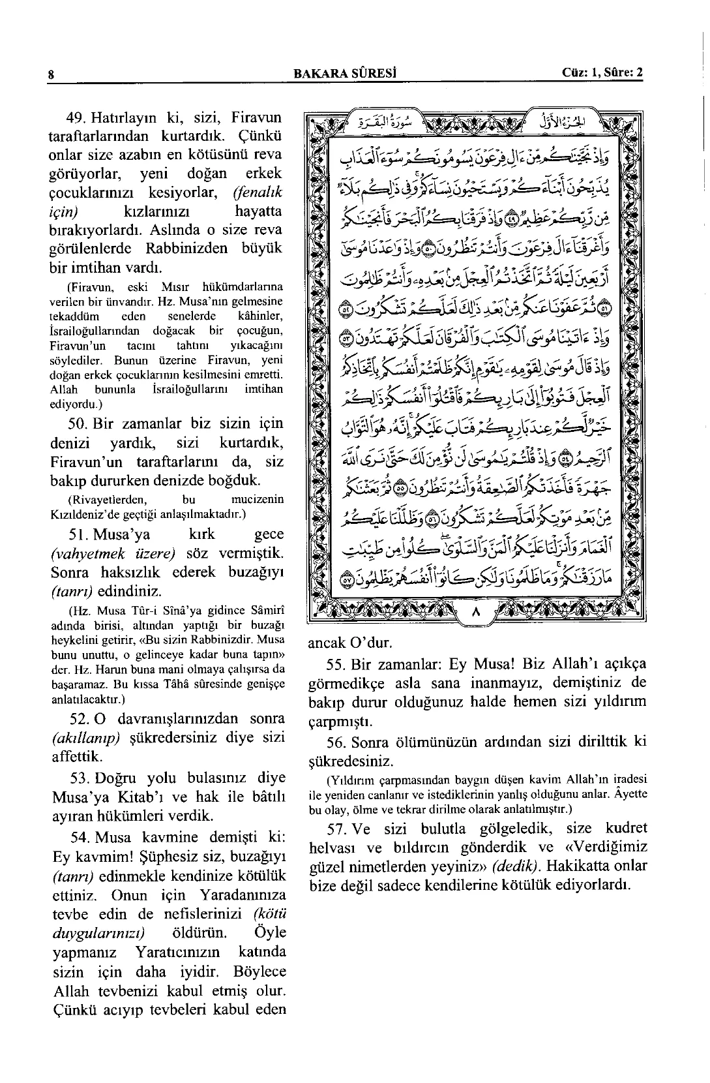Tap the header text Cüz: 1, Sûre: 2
602,72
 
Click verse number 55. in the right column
337,665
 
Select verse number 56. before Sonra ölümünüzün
337,742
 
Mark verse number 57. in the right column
337,828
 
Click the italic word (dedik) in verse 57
516,866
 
